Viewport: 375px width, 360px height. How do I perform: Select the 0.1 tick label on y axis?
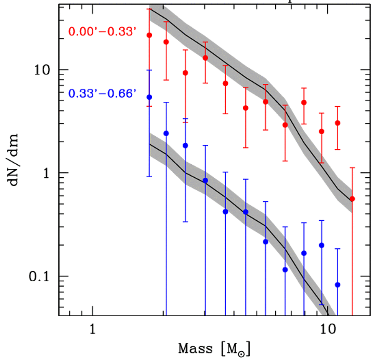point(41,276)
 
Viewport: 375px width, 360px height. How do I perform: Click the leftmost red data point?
point(150,35)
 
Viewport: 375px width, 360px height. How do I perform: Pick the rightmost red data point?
point(352,199)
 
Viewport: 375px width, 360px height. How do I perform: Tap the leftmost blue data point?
point(150,97)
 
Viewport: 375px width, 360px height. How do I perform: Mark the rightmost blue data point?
point(338,285)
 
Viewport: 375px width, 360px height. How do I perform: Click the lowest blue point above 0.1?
point(285,270)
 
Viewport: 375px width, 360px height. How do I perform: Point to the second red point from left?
point(166,42)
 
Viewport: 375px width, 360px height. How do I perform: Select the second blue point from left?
point(166,133)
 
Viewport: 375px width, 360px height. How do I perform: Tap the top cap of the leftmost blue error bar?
point(150,70)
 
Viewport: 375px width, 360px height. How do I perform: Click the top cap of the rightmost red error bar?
point(352,168)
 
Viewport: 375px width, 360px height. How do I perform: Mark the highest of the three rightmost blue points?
point(322,245)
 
